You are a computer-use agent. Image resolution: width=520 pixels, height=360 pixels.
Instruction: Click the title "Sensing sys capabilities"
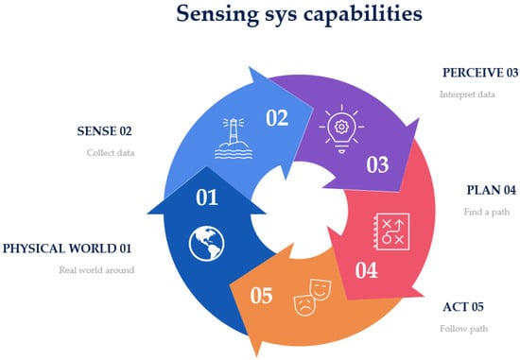pos(299,14)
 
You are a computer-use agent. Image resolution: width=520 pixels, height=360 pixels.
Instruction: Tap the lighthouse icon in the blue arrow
pos(234,138)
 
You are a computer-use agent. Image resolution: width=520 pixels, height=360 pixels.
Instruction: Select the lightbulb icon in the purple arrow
pos(341,129)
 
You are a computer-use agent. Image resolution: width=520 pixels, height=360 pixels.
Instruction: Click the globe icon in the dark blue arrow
pos(207,244)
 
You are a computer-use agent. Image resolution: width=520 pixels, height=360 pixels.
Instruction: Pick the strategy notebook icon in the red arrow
pos(391,231)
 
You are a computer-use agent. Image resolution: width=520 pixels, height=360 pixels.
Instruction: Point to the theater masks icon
pos(312,298)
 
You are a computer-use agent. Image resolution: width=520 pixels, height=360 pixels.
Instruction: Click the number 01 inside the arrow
pos(207,197)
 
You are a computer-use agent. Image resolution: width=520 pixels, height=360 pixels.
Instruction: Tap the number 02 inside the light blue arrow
pos(277,118)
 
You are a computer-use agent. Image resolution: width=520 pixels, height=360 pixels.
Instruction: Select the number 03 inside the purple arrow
pos(377,164)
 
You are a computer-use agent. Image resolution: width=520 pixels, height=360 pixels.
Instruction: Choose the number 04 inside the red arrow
pos(367,270)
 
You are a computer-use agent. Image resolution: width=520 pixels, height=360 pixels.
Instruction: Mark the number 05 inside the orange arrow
pos(261,296)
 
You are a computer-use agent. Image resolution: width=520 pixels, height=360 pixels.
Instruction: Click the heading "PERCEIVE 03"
pos(480,73)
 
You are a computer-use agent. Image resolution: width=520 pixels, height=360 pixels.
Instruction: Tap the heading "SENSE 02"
pos(104,131)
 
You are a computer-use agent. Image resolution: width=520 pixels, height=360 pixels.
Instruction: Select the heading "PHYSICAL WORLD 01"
pos(67,249)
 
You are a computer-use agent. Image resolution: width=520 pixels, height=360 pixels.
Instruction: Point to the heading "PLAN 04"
pos(492,190)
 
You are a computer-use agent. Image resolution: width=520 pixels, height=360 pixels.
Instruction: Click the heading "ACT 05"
pos(463,307)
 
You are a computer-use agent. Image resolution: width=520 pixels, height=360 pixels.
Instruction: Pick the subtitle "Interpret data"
pos(467,94)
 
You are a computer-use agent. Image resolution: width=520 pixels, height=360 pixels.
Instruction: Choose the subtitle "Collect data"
pos(111,153)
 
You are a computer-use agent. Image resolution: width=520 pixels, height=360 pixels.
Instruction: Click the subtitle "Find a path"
pos(487,212)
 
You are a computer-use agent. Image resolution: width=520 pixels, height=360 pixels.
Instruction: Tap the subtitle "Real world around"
pos(96,270)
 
